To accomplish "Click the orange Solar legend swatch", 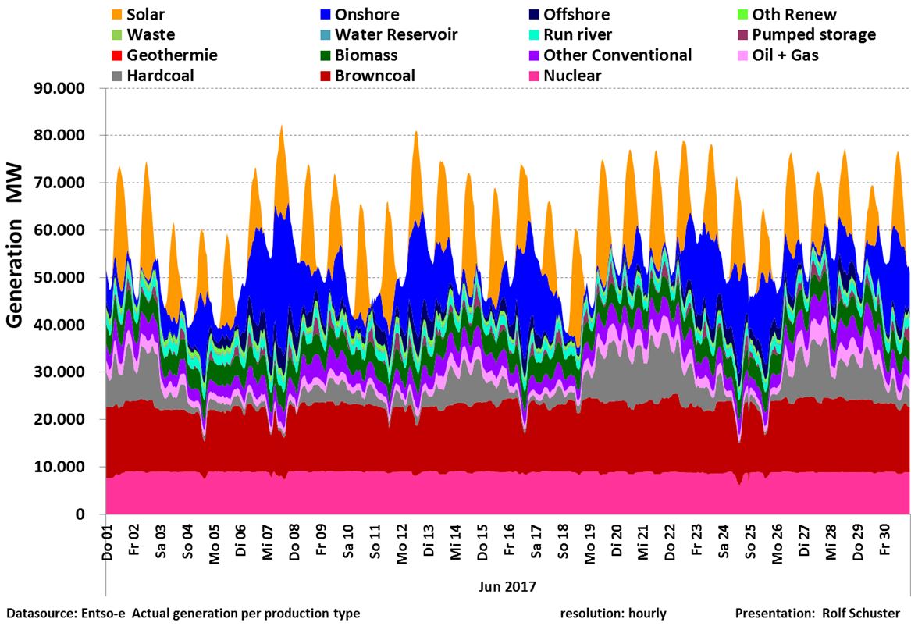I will click(117, 15).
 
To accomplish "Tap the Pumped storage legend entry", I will click(813, 35).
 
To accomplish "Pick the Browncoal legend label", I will click(375, 76).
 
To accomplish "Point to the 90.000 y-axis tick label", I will click(65, 88).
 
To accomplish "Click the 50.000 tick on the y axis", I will click(65, 278).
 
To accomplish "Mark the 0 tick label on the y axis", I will click(91, 515).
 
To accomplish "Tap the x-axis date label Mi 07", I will click(267, 540).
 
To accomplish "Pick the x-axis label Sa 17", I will click(536, 540).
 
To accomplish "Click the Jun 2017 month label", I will click(507, 584).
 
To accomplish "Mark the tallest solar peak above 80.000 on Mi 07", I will click(282, 126).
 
